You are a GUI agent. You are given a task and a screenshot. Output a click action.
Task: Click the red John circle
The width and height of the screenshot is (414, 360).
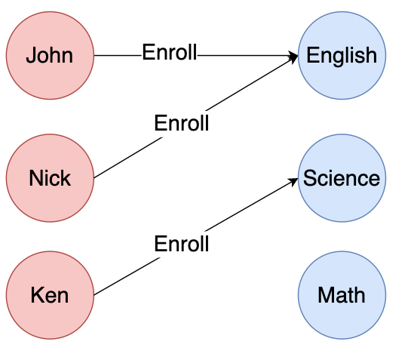(x=50, y=56)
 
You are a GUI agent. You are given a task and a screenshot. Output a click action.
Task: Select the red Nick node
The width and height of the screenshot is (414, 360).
(x=50, y=178)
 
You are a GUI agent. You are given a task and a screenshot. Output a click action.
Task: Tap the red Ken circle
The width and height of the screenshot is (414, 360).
(x=50, y=295)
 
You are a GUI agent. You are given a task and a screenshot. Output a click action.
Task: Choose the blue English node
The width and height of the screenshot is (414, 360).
(x=342, y=56)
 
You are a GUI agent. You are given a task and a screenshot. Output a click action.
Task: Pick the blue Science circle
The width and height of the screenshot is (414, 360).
(x=342, y=178)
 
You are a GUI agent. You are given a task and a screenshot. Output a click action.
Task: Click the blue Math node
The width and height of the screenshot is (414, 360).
(x=342, y=295)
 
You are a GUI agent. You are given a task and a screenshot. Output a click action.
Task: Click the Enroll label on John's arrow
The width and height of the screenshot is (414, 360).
(x=170, y=52)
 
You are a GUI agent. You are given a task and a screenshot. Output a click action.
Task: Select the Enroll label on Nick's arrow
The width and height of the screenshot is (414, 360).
(x=182, y=123)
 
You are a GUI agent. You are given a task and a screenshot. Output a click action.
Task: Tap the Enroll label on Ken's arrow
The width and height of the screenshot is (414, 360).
(x=182, y=244)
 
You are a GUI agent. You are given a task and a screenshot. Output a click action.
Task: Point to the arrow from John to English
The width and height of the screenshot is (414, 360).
(x=196, y=56)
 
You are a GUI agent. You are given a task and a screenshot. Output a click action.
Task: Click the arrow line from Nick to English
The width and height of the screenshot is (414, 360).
(x=196, y=117)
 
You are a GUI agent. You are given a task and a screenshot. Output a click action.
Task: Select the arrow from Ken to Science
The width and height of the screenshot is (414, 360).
(x=196, y=237)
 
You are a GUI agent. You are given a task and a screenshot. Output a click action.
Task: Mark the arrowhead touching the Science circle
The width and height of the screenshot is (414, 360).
(x=293, y=181)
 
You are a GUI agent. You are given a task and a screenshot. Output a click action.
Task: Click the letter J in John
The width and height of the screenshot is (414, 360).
(x=31, y=55)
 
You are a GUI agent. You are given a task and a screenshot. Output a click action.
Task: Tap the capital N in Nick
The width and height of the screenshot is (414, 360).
(x=36, y=177)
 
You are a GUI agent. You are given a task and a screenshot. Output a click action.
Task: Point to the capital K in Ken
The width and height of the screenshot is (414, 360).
(x=38, y=294)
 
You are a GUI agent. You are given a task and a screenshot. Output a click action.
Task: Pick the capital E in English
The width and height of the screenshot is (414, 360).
(x=313, y=54)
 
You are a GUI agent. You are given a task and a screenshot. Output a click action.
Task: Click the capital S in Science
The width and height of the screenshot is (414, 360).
(x=310, y=177)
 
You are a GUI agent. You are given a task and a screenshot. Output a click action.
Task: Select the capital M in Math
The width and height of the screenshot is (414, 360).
(x=326, y=294)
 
